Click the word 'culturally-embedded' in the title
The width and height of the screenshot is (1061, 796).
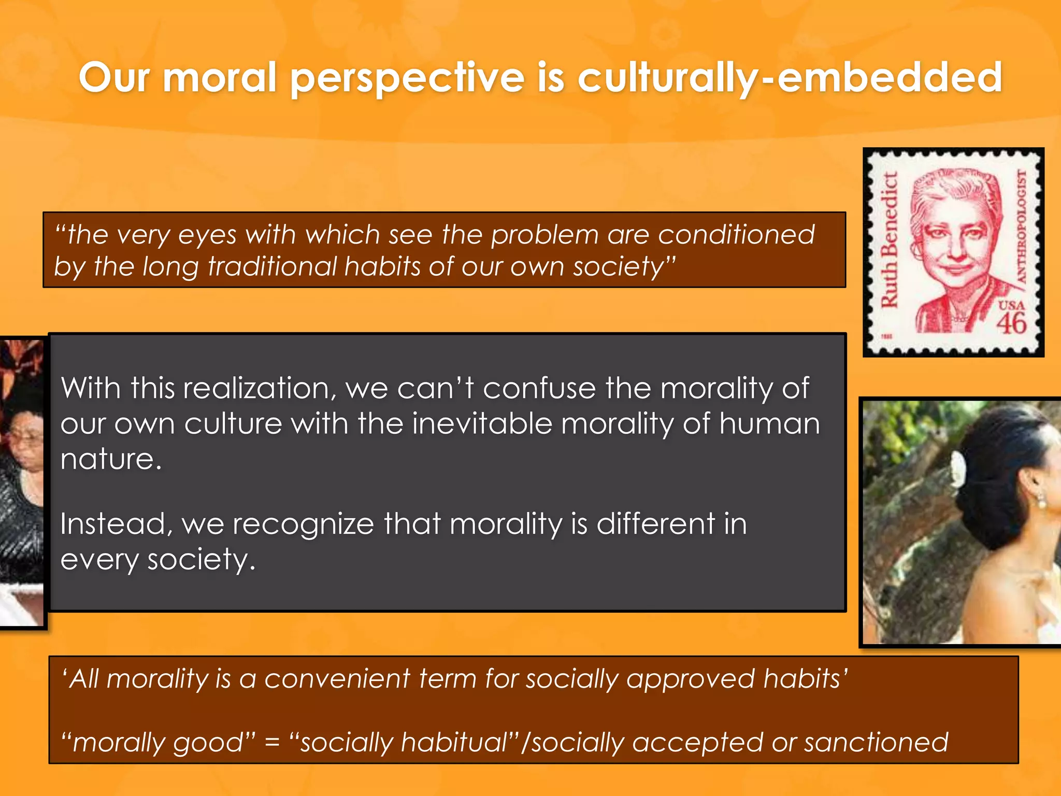click(790, 78)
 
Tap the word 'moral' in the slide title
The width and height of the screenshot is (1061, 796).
click(220, 78)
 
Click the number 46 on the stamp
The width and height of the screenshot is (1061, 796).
click(1011, 324)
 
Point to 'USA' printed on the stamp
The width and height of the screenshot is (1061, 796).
click(1011, 305)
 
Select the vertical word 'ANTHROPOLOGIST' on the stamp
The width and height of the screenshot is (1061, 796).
click(1021, 226)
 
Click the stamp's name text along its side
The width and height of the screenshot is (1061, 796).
click(890, 239)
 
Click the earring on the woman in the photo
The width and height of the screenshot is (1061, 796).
click(1041, 502)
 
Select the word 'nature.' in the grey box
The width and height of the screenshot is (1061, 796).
click(111, 459)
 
